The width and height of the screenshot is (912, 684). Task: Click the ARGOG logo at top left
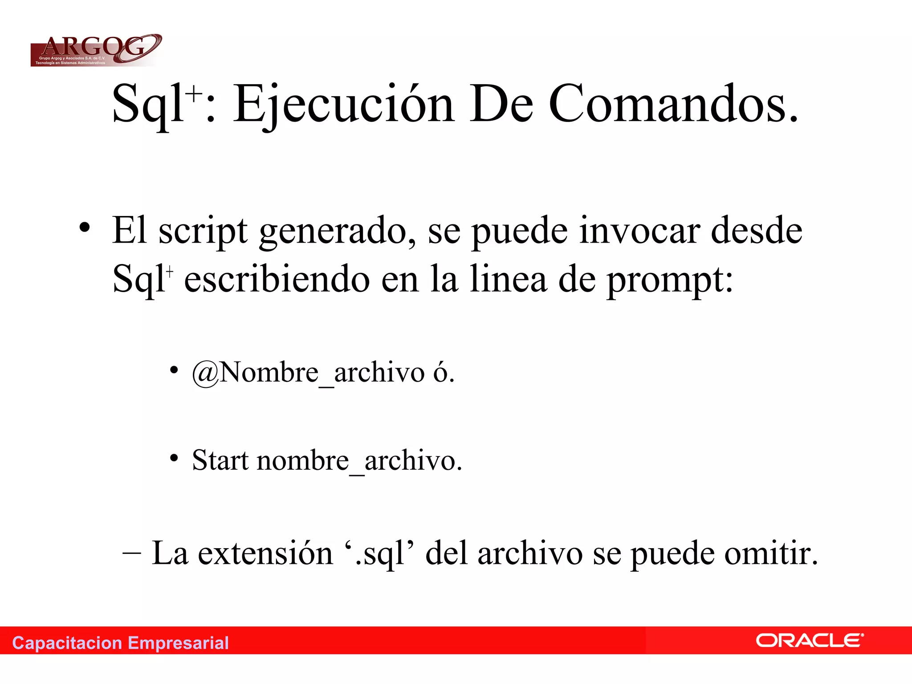[x=96, y=50]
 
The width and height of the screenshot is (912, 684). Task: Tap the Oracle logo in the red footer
[x=809, y=640]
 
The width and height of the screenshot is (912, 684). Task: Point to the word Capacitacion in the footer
[x=67, y=643]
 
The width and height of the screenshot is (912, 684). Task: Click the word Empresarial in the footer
[x=178, y=643]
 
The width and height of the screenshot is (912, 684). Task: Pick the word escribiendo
[x=277, y=280]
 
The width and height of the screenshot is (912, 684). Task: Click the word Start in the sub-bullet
[x=220, y=460]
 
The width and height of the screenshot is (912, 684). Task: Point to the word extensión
[x=265, y=554]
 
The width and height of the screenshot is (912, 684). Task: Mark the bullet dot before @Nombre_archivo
[x=174, y=370]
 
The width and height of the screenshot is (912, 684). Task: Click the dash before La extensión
[x=132, y=554]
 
